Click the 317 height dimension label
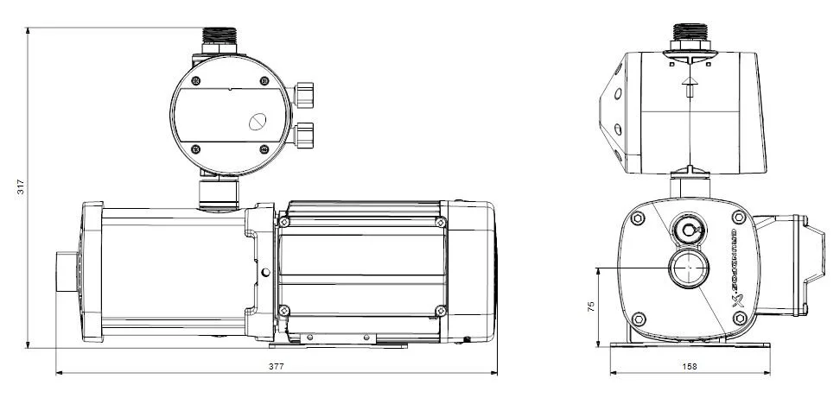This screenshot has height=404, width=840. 20,186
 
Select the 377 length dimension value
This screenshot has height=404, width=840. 276,366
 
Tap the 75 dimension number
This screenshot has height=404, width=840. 590,307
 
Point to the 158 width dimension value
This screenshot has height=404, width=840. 690,366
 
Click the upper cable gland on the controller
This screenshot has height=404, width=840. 306,92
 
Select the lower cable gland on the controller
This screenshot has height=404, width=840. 306,135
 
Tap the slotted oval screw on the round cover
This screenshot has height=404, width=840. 258,123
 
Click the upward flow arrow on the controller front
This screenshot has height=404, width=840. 690,85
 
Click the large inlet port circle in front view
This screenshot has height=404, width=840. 689,269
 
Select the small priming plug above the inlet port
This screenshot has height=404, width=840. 689,230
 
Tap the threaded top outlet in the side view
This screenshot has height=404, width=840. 221,39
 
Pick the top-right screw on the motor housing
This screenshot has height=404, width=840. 442,223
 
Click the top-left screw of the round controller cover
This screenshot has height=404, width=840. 195,82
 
